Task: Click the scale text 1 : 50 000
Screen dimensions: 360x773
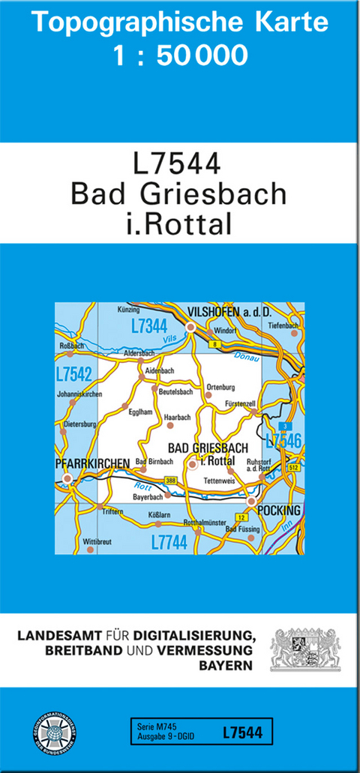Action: click(x=180, y=55)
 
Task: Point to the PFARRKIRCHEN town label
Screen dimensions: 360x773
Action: click(x=93, y=463)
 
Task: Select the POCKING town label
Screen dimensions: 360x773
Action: click(x=278, y=511)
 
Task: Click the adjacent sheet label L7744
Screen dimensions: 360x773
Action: click(x=169, y=542)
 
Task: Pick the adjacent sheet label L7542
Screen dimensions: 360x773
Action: click(x=73, y=373)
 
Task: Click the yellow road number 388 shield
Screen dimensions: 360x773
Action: click(x=171, y=481)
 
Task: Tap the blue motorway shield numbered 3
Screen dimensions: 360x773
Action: click(x=285, y=427)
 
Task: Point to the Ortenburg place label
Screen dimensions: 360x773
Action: click(x=221, y=387)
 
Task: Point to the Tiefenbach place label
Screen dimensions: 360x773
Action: click(x=283, y=325)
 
